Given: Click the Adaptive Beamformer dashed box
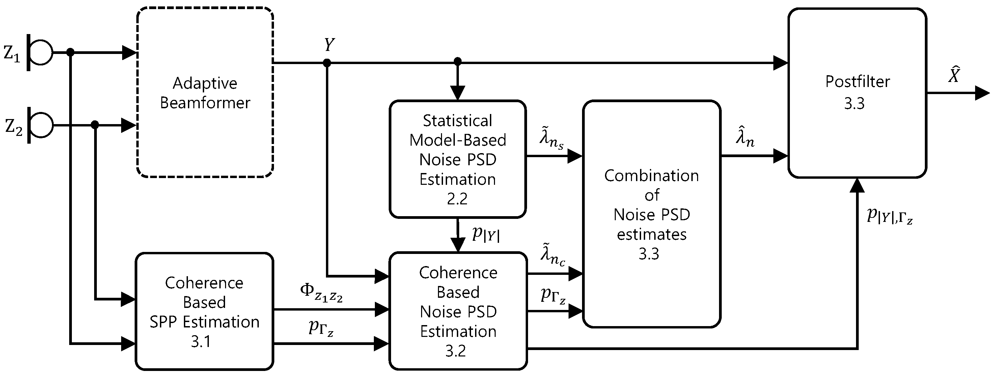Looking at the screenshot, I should tap(205, 92).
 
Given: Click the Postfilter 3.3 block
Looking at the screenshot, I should tap(857, 92).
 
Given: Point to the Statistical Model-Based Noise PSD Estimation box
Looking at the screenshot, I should tap(458, 159).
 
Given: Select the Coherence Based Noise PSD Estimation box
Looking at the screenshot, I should tap(458, 311).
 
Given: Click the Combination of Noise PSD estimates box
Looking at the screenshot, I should tap(651, 214).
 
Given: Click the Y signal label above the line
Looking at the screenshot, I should tap(329, 45).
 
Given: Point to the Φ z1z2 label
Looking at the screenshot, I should tap(321, 293).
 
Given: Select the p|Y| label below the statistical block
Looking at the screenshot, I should tap(486, 234).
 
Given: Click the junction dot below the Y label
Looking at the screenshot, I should tap(327, 63).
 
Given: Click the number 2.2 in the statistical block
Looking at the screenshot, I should tap(457, 199).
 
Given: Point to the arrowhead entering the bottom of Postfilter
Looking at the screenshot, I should tap(857, 186).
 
